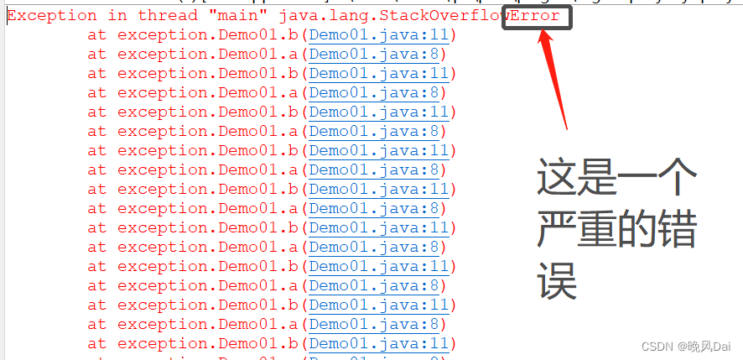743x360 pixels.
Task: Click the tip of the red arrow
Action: coord(544,32)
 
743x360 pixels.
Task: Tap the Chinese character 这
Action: coord(558,179)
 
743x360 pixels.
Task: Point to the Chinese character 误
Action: coord(558,281)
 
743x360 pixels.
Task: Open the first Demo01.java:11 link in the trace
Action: coord(379,35)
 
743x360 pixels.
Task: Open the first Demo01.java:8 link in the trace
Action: coord(374,55)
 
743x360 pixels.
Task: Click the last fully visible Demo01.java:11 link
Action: coord(379,343)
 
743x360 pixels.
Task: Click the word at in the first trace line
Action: coord(97,35)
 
